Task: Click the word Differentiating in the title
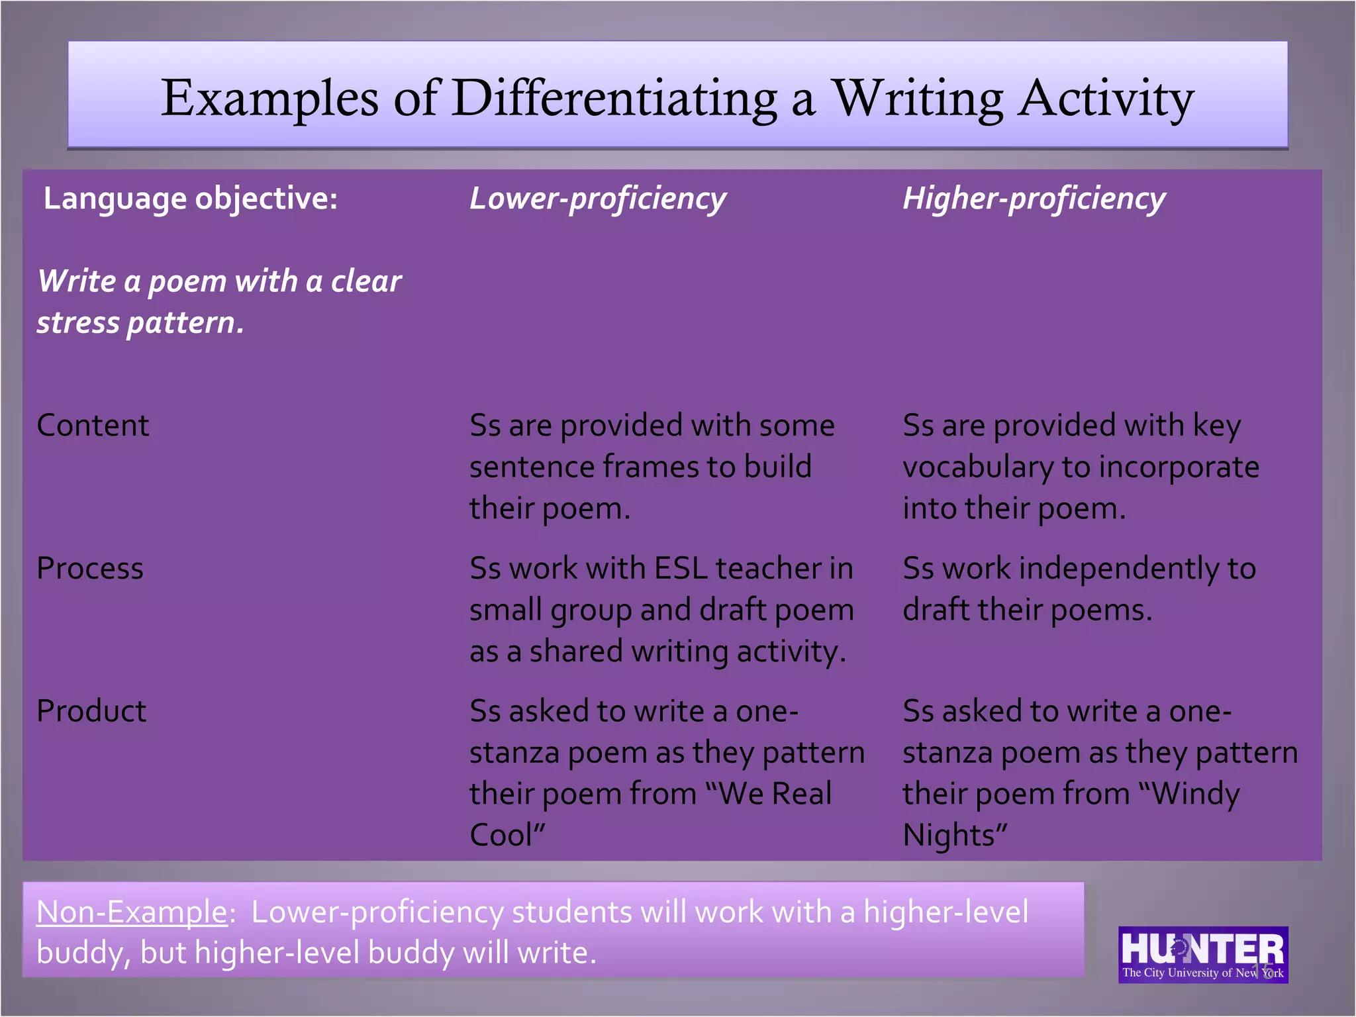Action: pyautogui.click(x=614, y=98)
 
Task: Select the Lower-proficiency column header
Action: pyautogui.click(x=597, y=199)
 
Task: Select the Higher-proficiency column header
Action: pyautogui.click(x=1034, y=199)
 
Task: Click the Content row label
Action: pyautogui.click(x=93, y=425)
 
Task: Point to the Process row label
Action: pyautogui.click(x=90, y=568)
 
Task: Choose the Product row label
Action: pyautogui.click(x=91, y=711)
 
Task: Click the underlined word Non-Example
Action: pyautogui.click(x=132, y=912)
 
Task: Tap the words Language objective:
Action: pyautogui.click(x=191, y=199)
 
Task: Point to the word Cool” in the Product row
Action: pyautogui.click(x=507, y=835)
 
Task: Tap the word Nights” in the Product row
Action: pyautogui.click(x=955, y=835)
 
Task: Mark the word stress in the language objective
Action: pyautogui.click(x=78, y=323)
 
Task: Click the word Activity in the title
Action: pyautogui.click(x=1106, y=98)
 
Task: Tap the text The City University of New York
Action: pyautogui.click(x=1202, y=973)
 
